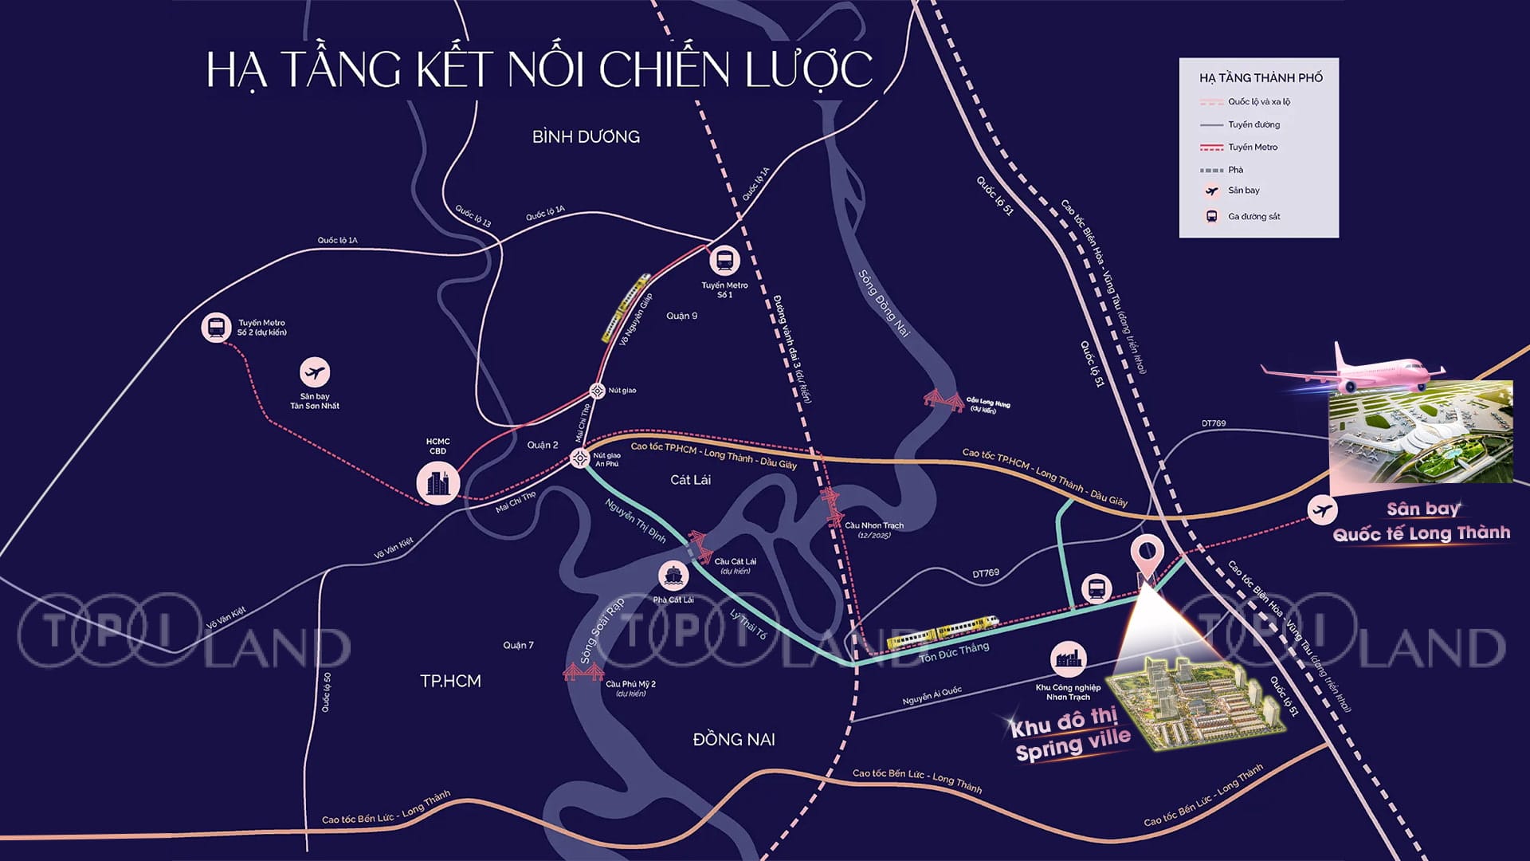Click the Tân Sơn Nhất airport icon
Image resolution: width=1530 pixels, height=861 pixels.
coord(315,372)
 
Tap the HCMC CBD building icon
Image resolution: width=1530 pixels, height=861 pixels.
coord(437,482)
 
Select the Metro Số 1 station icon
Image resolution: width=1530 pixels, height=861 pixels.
coord(724,260)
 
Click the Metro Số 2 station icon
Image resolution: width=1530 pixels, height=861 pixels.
coord(216,327)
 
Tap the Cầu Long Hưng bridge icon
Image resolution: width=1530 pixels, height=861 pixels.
coord(943,400)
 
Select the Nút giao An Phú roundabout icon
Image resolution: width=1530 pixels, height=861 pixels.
coord(579,458)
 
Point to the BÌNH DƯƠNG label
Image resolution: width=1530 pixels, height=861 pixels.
coord(586,137)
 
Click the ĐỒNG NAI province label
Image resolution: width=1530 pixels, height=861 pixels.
coord(734,740)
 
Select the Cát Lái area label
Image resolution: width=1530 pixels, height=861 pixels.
coord(690,480)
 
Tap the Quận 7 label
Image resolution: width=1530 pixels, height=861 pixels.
coord(518,645)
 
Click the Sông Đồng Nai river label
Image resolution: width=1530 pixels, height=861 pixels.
coord(884,303)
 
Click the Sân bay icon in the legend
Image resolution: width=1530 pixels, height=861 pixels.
coord(1211,191)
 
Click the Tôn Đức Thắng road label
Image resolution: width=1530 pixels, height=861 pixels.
coord(954,652)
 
